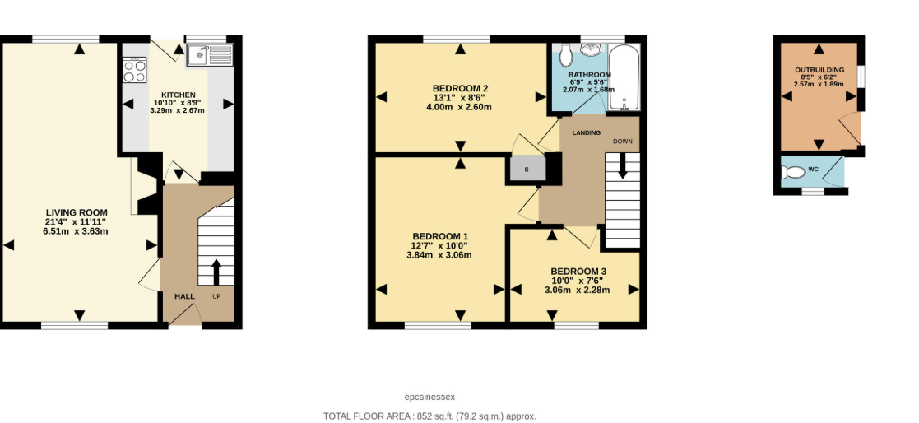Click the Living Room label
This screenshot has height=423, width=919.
click(76, 212)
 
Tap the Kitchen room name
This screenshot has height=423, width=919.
click(178, 95)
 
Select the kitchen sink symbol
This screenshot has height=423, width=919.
click(210, 56)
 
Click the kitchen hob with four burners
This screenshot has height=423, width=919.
click(134, 69)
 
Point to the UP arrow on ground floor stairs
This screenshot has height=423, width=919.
click(216, 271)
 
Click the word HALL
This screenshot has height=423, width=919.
click(184, 296)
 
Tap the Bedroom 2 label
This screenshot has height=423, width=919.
click(460, 89)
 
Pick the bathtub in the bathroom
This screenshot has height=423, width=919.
click(624, 77)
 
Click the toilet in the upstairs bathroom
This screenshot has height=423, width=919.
click(565, 56)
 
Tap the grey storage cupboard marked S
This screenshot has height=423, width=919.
click(527, 170)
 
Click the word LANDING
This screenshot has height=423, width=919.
click(587, 132)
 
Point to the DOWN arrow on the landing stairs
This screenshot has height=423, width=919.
click(622, 167)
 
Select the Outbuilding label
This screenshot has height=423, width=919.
click(819, 70)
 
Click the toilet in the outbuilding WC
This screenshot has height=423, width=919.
click(793, 173)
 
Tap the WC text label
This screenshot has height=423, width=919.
click(813, 170)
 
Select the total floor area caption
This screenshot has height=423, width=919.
click(429, 416)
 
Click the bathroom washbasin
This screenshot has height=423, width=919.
click(590, 49)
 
